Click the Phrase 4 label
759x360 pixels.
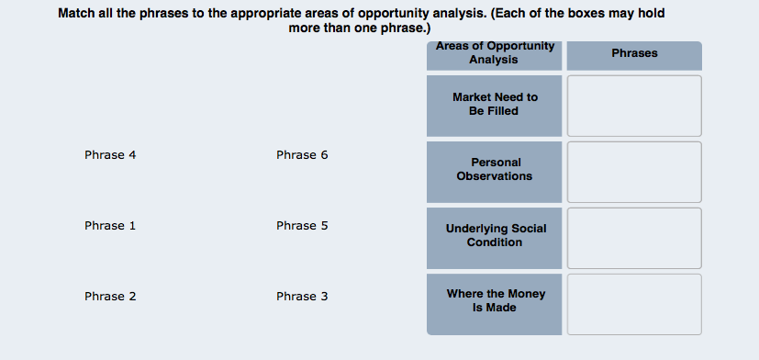[110, 155]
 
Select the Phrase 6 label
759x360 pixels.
[302, 155]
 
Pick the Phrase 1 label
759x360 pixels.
[110, 226]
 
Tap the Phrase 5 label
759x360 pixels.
[302, 226]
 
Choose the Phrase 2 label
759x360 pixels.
[110, 297]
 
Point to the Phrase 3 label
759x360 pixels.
[302, 297]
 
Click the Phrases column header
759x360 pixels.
[634, 53]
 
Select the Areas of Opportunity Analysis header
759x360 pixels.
[494, 53]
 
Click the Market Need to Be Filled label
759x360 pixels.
[495, 104]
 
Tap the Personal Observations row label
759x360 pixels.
[495, 169]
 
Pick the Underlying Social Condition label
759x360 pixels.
[496, 235]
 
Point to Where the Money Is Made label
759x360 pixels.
[496, 300]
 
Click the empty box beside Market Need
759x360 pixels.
[634, 106]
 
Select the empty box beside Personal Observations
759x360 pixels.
[634, 172]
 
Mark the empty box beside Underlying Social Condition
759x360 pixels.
[634, 239]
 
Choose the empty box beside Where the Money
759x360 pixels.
[634, 304]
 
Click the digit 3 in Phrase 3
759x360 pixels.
[324, 297]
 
